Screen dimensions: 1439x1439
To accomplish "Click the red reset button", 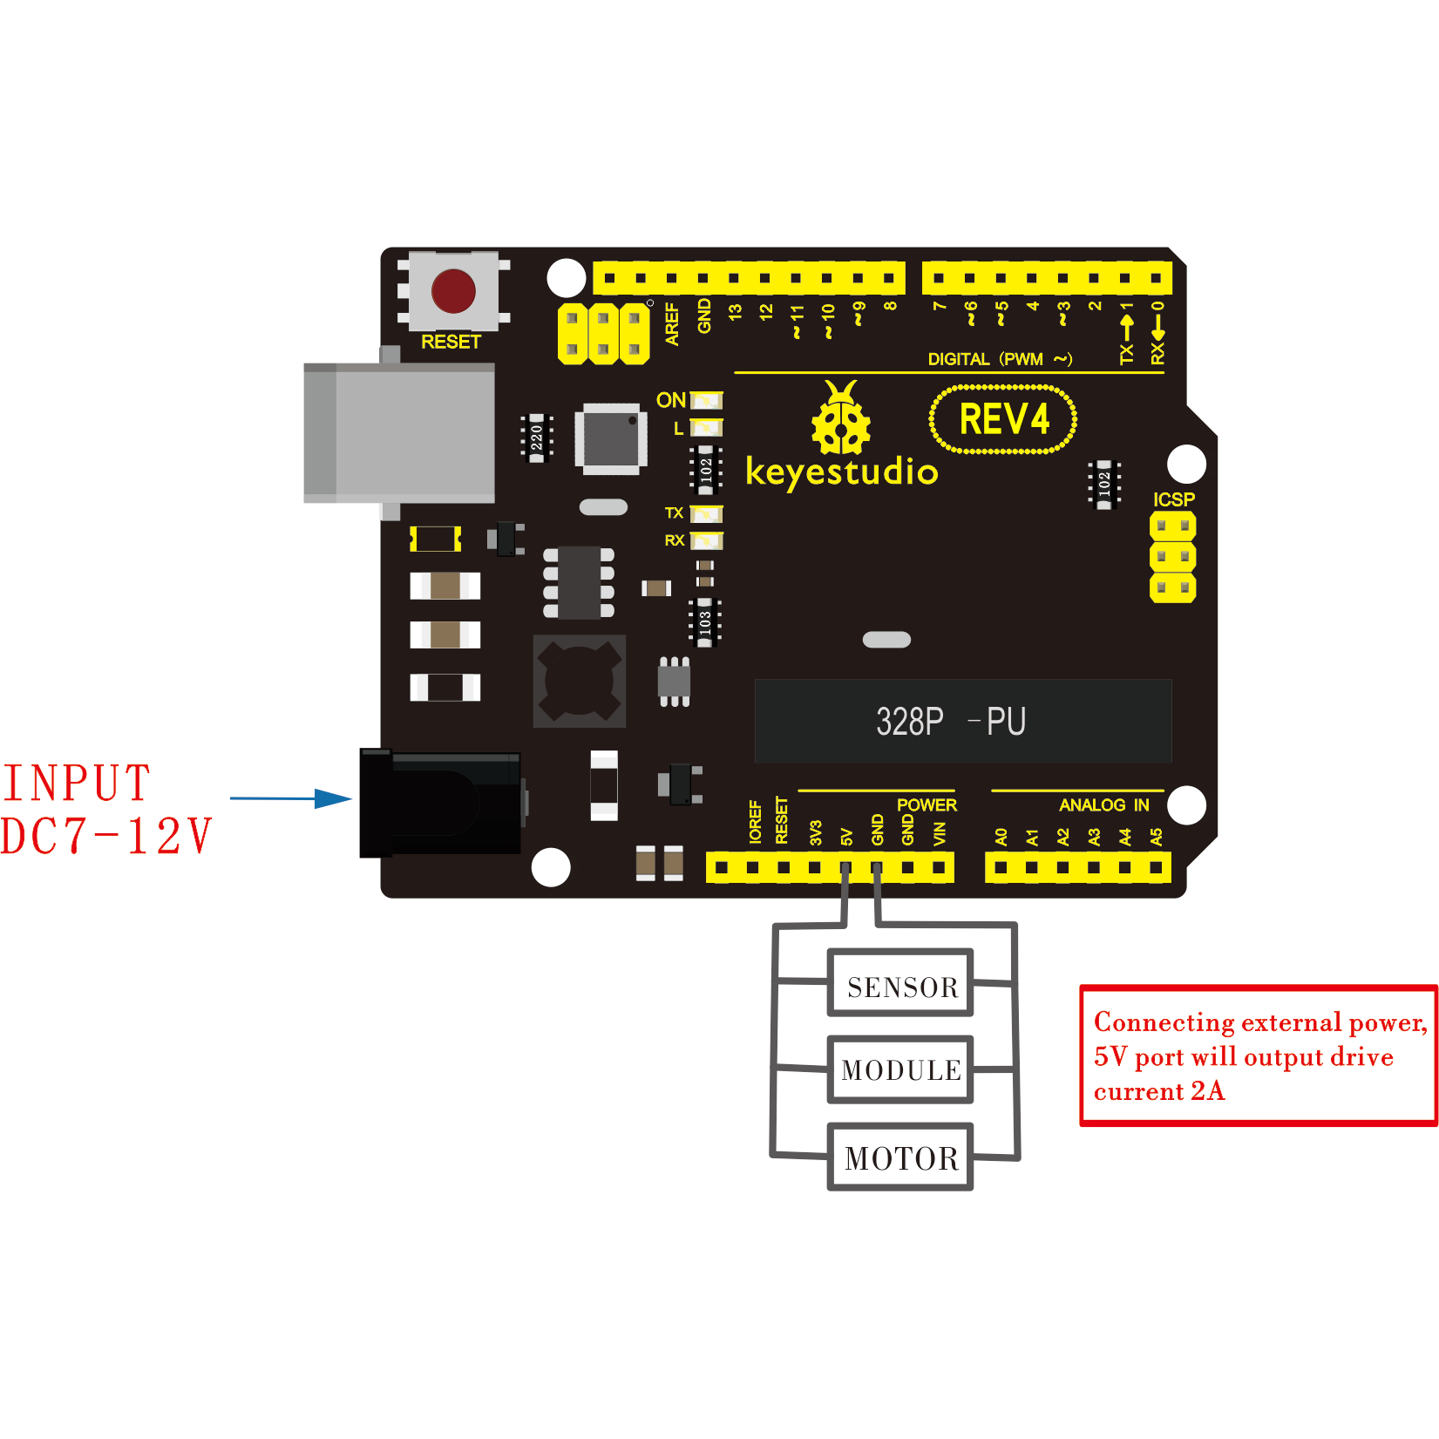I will pyautogui.click(x=453, y=291).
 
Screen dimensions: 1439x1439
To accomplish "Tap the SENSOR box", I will pyautogui.click(x=900, y=984).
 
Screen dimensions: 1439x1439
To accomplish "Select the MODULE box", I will pyautogui.click(x=900, y=1069).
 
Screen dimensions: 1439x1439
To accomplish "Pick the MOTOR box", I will pyautogui.click(x=900, y=1157).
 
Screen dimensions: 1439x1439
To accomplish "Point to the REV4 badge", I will pyautogui.click(x=1003, y=420).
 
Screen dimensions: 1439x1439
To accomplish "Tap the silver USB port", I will pyautogui.click(x=399, y=433).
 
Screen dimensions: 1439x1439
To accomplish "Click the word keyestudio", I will pyautogui.click(x=841, y=472).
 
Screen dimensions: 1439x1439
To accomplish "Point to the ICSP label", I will pyautogui.click(x=1173, y=499).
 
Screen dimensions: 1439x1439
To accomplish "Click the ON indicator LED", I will pyautogui.click(x=707, y=400).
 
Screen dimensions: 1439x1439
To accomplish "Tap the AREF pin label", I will pyautogui.click(x=672, y=324).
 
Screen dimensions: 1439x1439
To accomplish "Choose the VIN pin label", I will pyautogui.click(x=939, y=834).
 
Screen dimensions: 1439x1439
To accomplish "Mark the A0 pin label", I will pyautogui.click(x=1001, y=837).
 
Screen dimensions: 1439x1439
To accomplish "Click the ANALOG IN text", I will pyautogui.click(x=1103, y=804).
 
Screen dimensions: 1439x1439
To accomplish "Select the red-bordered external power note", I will pyautogui.click(x=1258, y=1055).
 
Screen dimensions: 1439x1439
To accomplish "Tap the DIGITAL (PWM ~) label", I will pyautogui.click(x=999, y=359).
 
